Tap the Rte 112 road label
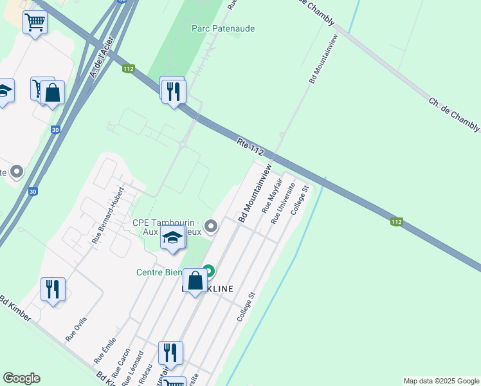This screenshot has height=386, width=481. coord(250,147)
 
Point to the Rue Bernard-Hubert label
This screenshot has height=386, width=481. coord(107,219)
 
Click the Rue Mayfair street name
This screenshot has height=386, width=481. coord(268,196)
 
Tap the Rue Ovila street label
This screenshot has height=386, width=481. coord(76,328)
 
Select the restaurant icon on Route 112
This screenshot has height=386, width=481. coord(172,91)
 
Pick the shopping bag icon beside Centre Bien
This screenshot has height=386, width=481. coord(195,280)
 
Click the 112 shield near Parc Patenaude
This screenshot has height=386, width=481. coord(129,69)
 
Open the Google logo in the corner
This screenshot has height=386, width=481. coord(21,378)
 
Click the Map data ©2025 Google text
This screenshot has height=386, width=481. coord(441,381)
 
